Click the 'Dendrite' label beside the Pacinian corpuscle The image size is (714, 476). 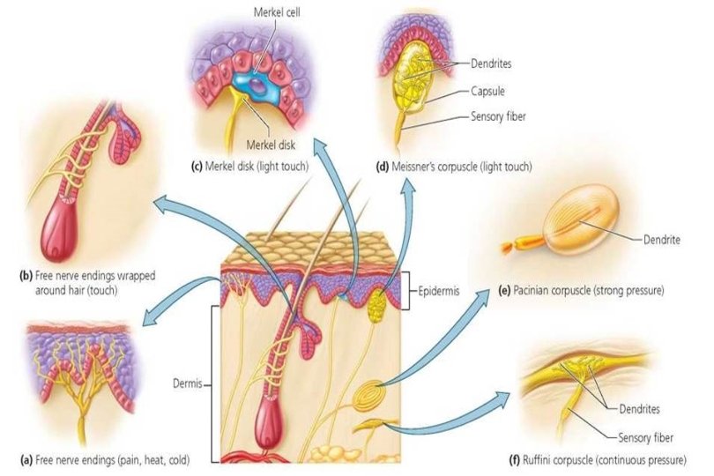point(655,238)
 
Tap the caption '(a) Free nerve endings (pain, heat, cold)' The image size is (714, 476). point(104,460)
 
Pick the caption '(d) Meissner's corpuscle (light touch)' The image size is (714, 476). point(454,167)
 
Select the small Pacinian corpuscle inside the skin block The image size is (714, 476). point(374,390)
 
